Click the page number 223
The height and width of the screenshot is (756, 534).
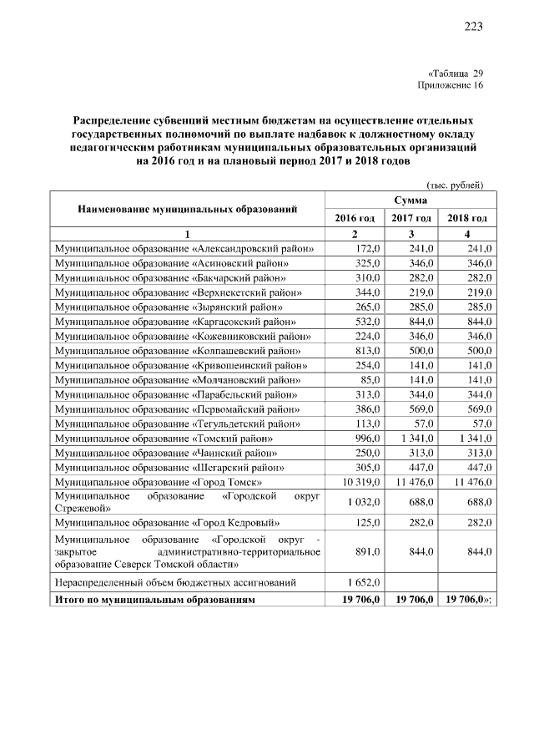coord(473,27)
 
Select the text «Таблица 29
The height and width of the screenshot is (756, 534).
coord(455,73)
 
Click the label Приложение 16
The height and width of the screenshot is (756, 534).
coord(450,84)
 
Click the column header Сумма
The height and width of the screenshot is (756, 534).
coord(410,201)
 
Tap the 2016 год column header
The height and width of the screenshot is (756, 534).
coord(355,218)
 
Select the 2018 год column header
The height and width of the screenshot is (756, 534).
coord(467,218)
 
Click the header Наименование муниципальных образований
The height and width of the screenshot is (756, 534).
coord(188,209)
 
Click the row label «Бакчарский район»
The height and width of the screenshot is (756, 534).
coord(171,278)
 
